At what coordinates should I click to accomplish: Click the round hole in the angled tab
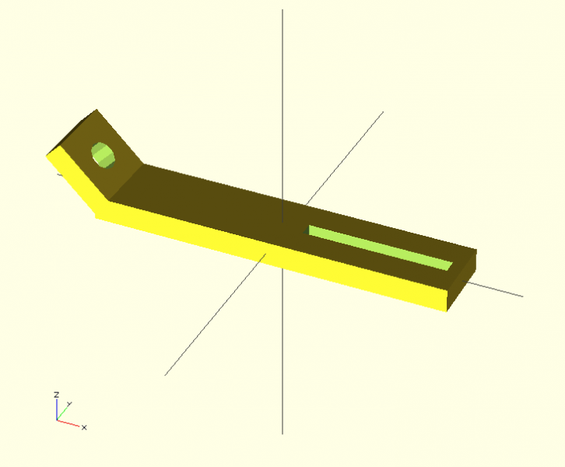[103, 156]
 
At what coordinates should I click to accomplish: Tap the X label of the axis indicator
[84, 427]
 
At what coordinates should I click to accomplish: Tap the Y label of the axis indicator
[69, 404]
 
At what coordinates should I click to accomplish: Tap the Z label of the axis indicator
[56, 395]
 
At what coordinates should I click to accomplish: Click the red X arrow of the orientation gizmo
[68, 423]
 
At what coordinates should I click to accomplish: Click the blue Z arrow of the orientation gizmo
[57, 409]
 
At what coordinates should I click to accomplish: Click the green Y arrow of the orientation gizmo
[62, 413]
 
